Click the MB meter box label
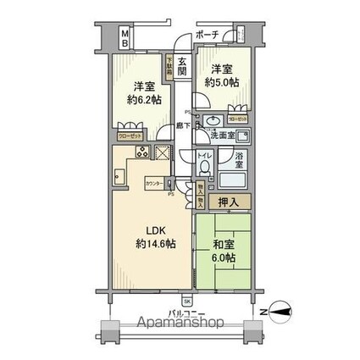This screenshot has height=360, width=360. (x=124, y=39)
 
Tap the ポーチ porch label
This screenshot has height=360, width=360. (x=207, y=34)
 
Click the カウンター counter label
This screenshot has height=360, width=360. (x=153, y=183)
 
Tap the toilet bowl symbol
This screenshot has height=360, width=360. (x=203, y=169)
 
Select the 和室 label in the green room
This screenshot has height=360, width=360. (x=224, y=245)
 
